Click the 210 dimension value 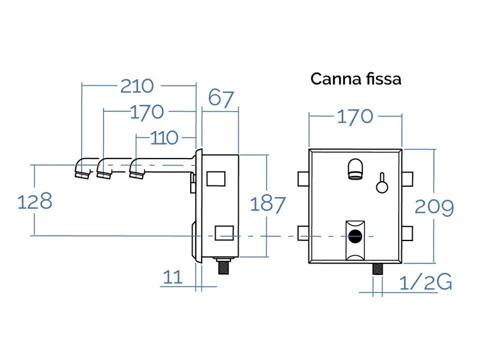tap(137, 86)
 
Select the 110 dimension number tap(164, 138)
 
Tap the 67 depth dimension tap(221, 99)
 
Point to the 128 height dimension tap(35, 201)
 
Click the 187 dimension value tap(268, 205)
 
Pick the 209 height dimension tap(434, 207)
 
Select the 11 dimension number tap(173, 277)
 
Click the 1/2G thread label tap(426, 282)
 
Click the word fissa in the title tap(383, 79)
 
